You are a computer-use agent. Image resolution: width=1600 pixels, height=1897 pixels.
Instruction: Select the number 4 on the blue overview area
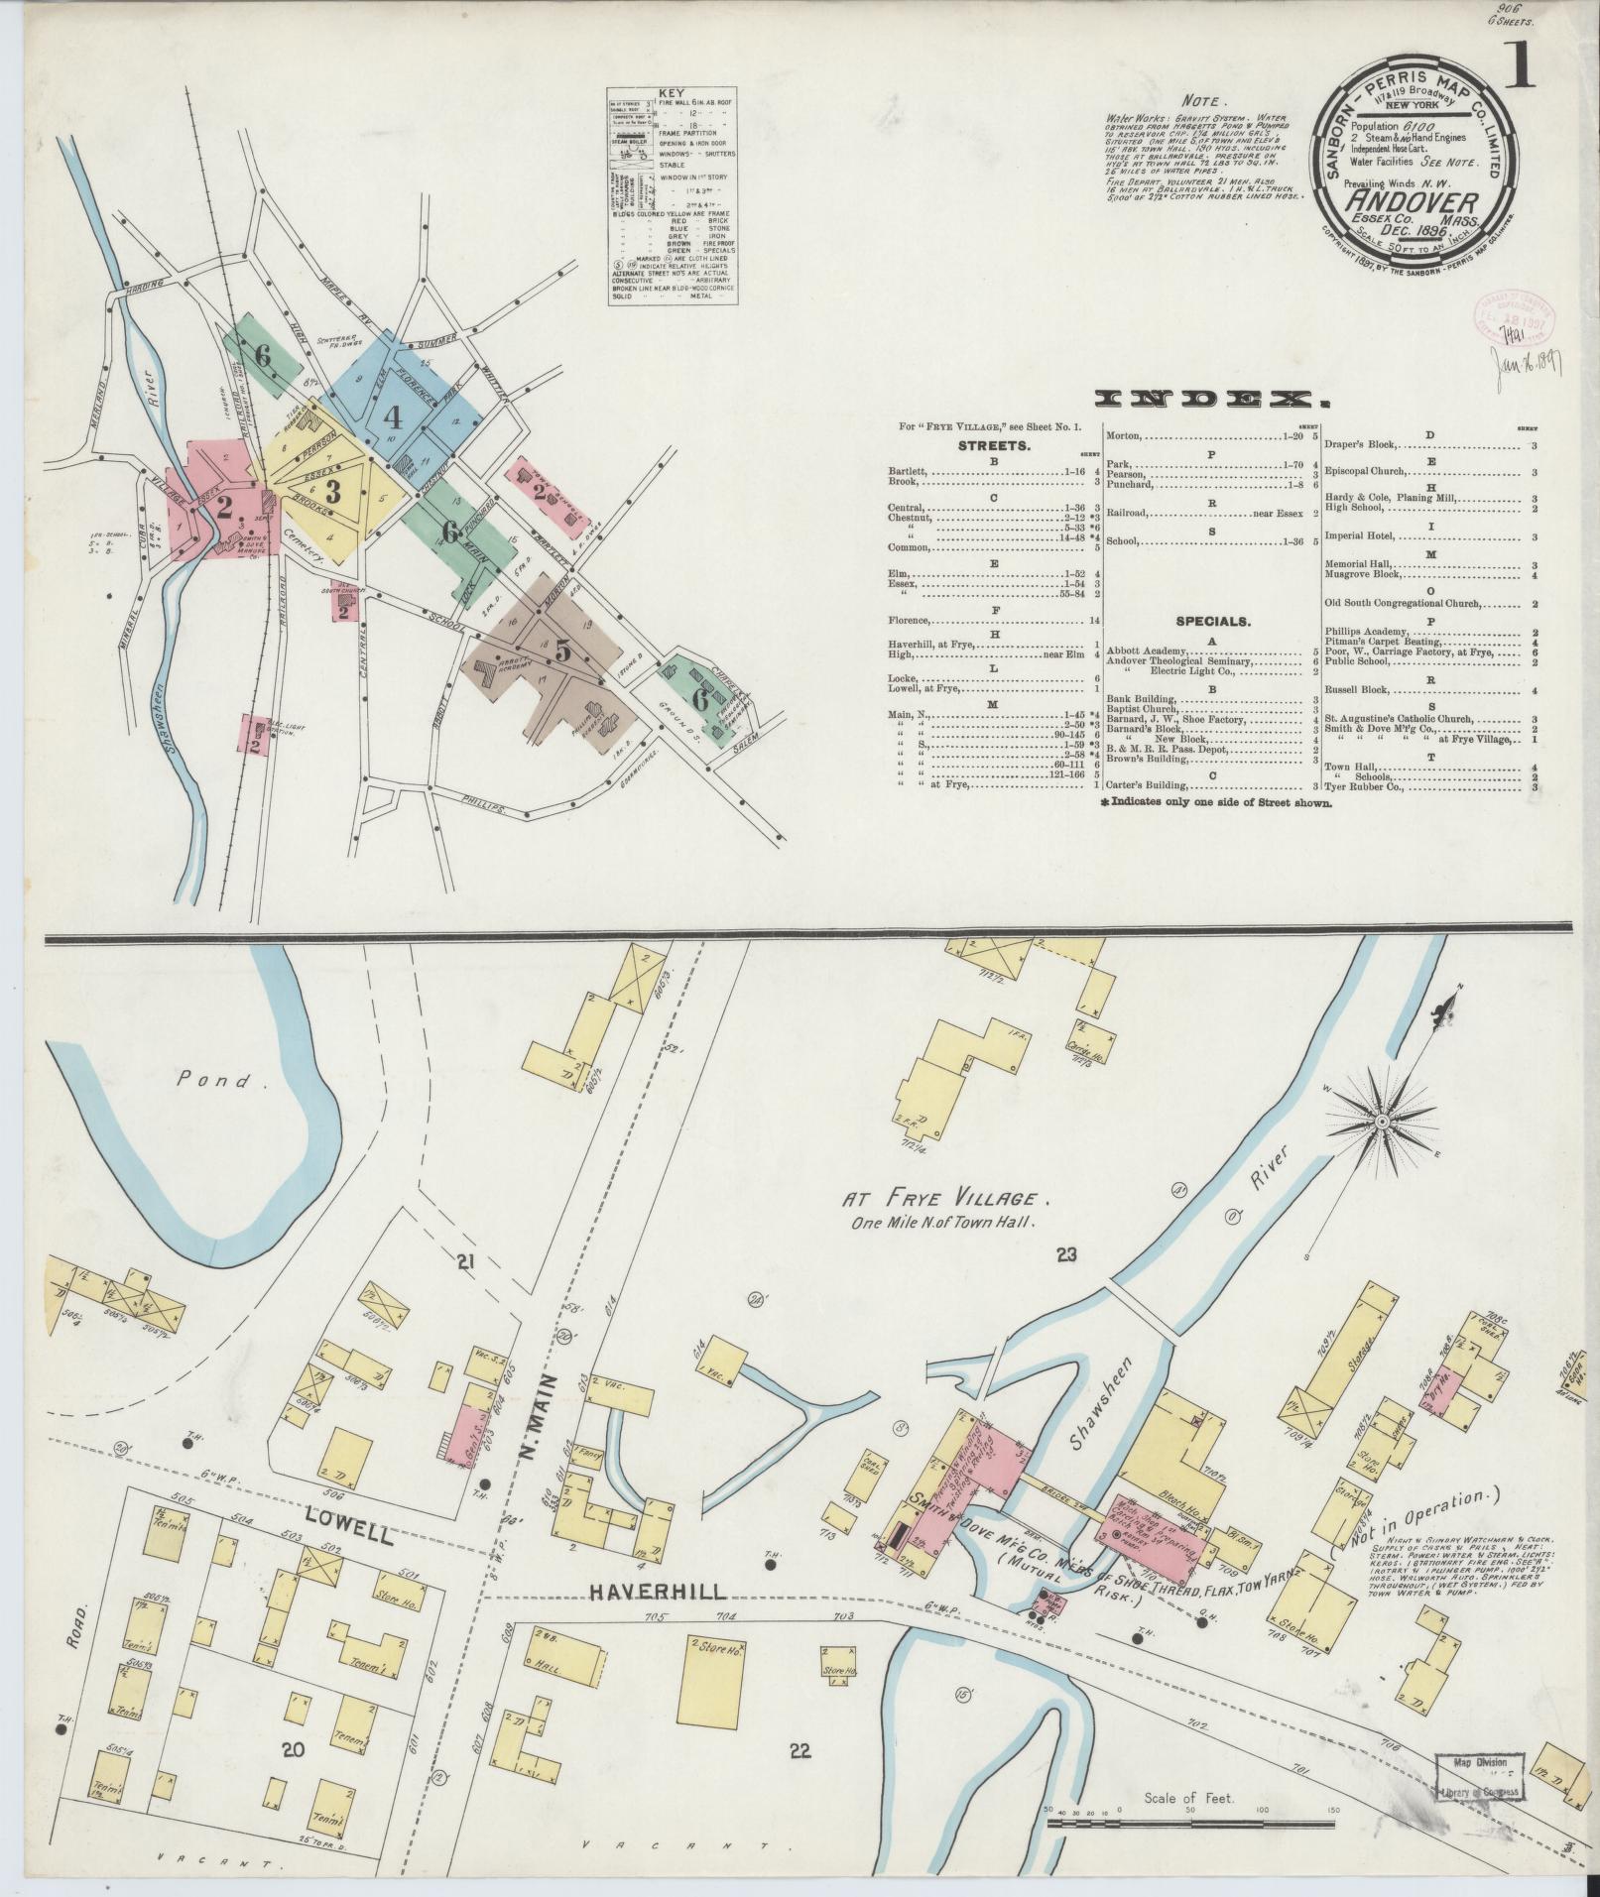tap(393, 416)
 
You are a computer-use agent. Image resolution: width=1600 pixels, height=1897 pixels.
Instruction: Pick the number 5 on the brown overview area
tap(562, 652)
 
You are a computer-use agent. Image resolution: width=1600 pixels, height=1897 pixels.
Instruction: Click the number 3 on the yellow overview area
tap(334, 490)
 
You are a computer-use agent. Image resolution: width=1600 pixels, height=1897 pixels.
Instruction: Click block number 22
tap(800, 1752)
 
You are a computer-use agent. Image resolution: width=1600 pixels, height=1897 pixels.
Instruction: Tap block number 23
tap(1066, 1256)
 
